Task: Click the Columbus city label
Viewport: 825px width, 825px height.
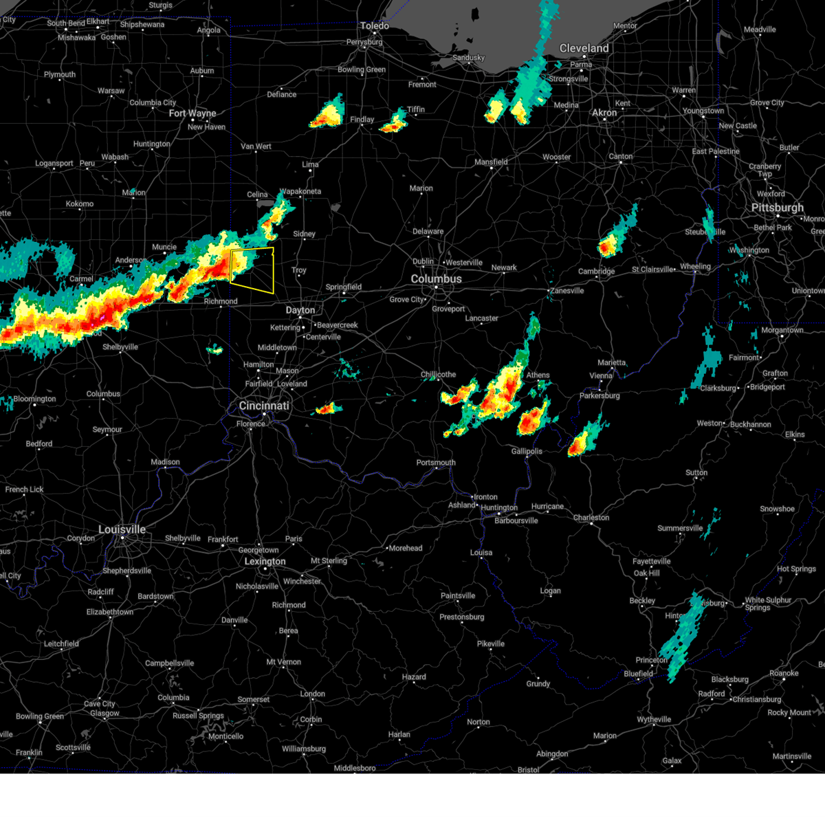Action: pos(436,279)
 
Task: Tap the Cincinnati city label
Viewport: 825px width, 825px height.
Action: pos(264,406)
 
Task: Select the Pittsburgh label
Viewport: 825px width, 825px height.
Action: pos(777,208)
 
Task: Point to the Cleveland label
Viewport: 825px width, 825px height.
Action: pos(584,48)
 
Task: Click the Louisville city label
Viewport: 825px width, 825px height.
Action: pos(122,529)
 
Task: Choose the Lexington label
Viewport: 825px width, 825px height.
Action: pos(265,561)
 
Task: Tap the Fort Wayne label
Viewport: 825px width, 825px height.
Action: pos(192,113)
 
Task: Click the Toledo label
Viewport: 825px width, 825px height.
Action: pos(375,26)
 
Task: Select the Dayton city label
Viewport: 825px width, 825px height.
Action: pos(300,310)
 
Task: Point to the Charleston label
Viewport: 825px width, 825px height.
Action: pos(591,518)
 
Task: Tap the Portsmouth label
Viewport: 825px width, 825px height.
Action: pos(436,463)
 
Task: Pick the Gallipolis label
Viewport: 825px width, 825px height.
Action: pos(527,452)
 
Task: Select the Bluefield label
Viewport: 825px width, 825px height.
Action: pos(638,674)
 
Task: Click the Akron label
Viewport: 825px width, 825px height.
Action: pos(605,113)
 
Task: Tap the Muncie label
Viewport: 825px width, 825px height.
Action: pos(164,247)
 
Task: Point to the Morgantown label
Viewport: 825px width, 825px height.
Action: pos(782,330)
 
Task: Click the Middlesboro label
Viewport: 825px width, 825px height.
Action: pos(355,768)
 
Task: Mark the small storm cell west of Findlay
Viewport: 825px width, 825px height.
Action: pos(328,114)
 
